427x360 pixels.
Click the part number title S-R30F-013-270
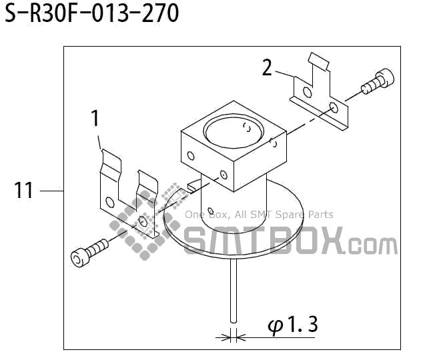click(x=92, y=13)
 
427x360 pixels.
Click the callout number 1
click(x=95, y=119)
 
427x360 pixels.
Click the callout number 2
click(x=267, y=68)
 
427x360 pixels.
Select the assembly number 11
click(x=24, y=191)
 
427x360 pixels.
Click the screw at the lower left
click(x=88, y=251)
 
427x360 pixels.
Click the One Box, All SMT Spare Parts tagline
click(x=259, y=215)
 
